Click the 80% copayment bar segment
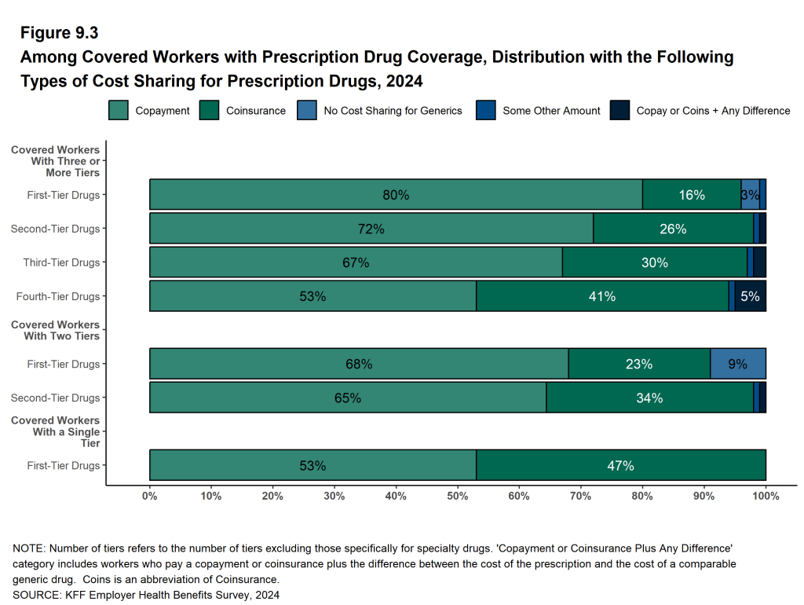pyautogui.click(x=396, y=195)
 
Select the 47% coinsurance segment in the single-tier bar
pyautogui.click(x=620, y=465)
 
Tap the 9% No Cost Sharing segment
pyautogui.click(x=738, y=364)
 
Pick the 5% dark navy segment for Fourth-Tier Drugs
pyautogui.click(x=751, y=296)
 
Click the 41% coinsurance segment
pyautogui.click(x=602, y=296)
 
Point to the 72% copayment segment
pyautogui.click(x=371, y=229)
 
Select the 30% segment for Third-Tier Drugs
pyautogui.click(x=655, y=262)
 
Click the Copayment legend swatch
pyautogui.click(x=119, y=111)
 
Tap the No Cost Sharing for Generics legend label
pyautogui.click(x=393, y=111)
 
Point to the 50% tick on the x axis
pyautogui.click(x=458, y=496)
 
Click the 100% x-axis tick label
pyautogui.click(x=766, y=496)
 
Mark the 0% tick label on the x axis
pyautogui.click(x=150, y=496)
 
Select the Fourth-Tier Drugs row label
pyautogui.click(x=58, y=296)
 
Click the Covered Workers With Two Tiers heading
pyautogui.click(x=55, y=330)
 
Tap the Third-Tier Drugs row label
pyautogui.click(x=61, y=262)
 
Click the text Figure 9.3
pyautogui.click(x=59, y=33)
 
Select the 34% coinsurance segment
pyautogui.click(x=649, y=398)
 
